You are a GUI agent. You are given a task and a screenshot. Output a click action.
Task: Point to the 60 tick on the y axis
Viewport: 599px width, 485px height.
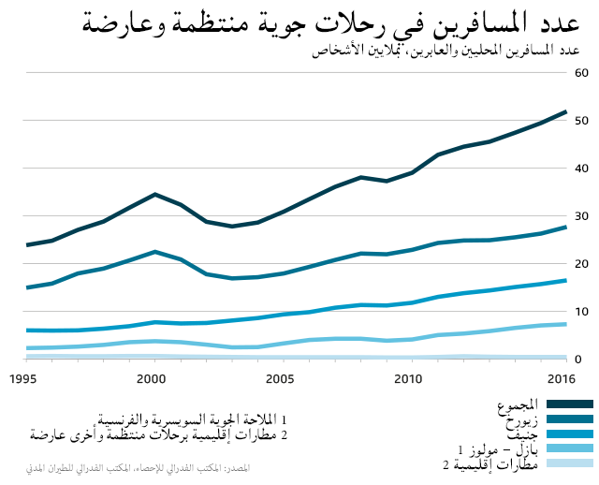click(580, 72)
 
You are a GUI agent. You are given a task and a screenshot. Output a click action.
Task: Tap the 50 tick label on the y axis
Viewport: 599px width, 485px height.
click(580, 121)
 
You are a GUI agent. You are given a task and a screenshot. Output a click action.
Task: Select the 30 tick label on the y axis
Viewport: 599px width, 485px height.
click(580, 216)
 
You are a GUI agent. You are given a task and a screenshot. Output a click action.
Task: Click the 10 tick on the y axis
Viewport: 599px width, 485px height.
click(580, 312)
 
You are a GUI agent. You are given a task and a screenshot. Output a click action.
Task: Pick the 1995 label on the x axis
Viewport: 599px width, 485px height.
click(23, 378)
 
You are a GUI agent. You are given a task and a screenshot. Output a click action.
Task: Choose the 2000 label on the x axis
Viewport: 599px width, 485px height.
click(152, 378)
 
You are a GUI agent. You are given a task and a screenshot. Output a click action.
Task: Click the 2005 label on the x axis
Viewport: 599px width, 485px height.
click(279, 378)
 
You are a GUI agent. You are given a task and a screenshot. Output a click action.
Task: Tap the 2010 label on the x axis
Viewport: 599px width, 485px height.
click(407, 378)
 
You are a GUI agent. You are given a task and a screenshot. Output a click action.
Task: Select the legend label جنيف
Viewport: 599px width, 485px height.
click(520, 434)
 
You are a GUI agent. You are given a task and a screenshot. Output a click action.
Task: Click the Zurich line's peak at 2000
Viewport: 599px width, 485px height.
click(155, 252)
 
